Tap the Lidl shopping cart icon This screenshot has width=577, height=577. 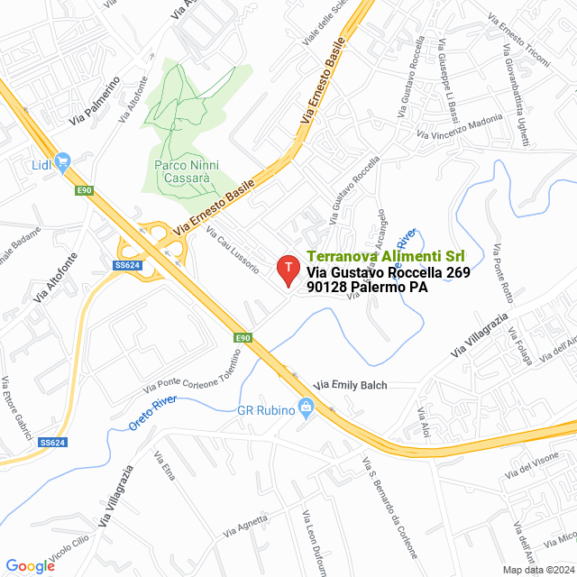click(62, 163)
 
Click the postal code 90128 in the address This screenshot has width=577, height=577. click(326, 287)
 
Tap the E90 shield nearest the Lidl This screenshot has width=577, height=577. click(84, 189)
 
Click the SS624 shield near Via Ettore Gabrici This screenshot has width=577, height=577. click(52, 442)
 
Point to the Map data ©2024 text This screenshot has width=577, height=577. click(538, 569)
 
